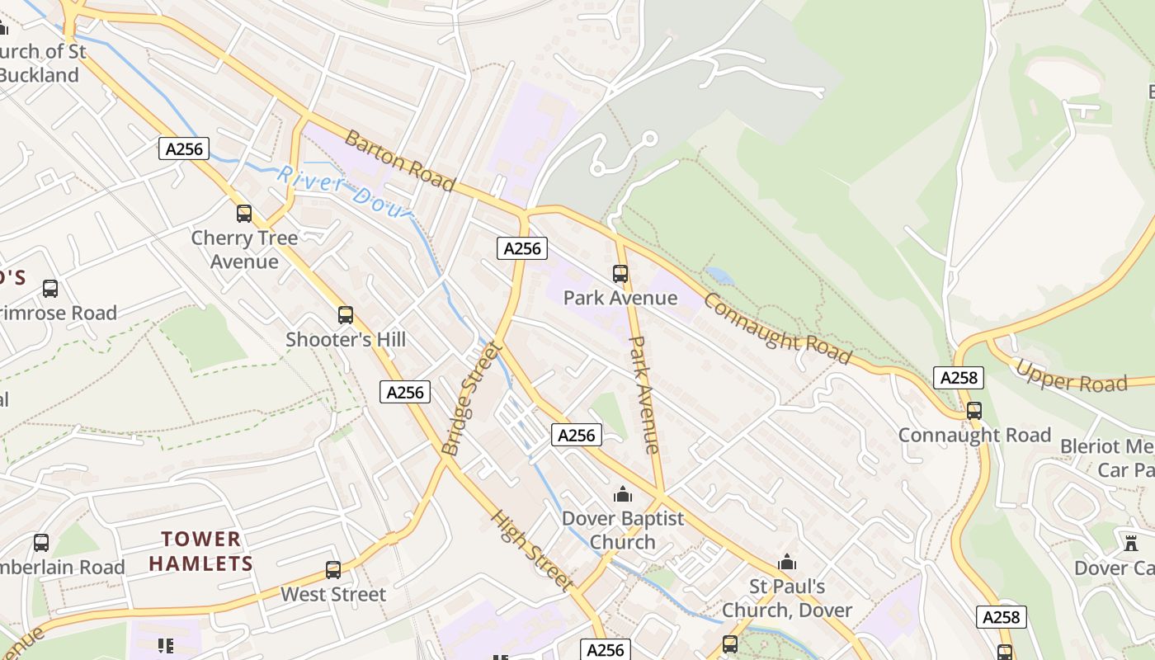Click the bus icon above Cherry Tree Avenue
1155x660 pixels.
(x=244, y=214)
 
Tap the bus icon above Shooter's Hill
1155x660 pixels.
(x=346, y=315)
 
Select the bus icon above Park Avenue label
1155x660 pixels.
(x=620, y=274)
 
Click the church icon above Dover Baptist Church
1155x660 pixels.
(x=623, y=494)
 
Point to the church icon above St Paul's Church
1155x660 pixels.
(x=788, y=563)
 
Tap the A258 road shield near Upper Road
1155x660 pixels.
(x=959, y=378)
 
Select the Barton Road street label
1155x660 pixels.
(x=400, y=161)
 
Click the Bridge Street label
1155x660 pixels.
(x=471, y=400)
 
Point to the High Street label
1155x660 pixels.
(x=532, y=550)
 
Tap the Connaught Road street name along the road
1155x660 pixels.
(x=776, y=328)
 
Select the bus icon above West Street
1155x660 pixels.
(x=333, y=570)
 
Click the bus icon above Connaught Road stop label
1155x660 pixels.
(x=974, y=411)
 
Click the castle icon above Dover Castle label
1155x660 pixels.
(x=1130, y=544)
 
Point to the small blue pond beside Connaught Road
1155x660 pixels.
(x=719, y=276)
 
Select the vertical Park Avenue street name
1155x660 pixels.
(x=644, y=394)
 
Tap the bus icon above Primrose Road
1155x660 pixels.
(x=50, y=289)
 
